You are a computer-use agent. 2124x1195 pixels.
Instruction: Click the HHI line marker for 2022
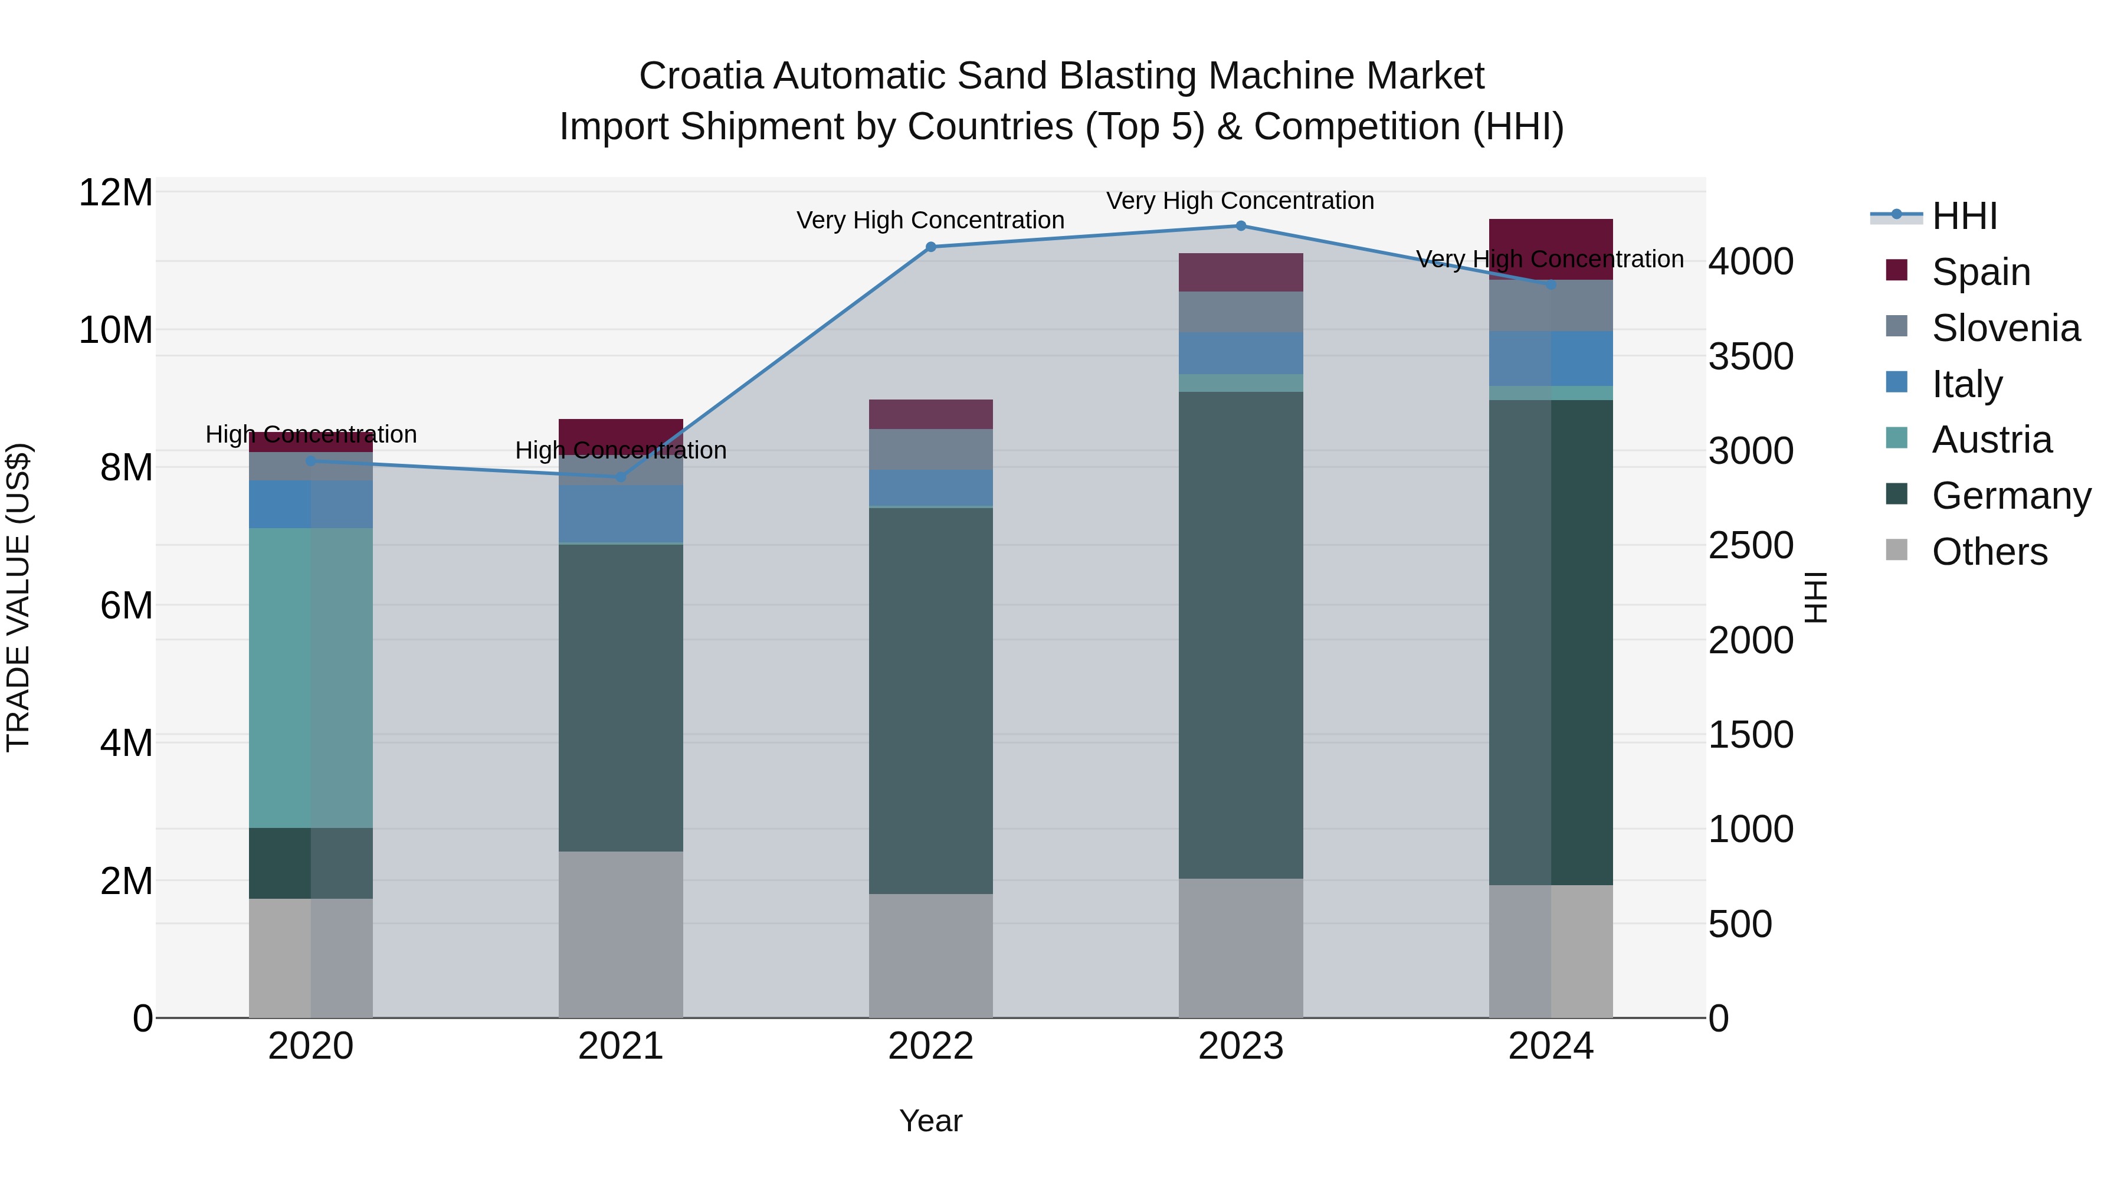(x=931, y=247)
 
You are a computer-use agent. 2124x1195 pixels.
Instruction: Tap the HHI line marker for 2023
(x=1241, y=226)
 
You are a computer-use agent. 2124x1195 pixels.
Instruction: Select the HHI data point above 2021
(x=621, y=477)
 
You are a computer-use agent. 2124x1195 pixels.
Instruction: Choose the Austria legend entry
(x=1991, y=440)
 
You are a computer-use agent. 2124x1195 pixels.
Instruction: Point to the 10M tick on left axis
(x=116, y=330)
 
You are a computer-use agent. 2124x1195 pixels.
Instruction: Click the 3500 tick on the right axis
(x=1751, y=356)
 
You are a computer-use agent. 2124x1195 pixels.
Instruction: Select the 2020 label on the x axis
(x=311, y=1046)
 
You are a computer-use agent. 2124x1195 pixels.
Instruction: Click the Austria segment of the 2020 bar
(x=311, y=676)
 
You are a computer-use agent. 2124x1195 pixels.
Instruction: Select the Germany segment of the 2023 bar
(x=1241, y=635)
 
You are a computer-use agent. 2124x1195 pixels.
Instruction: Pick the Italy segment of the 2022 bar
(x=931, y=487)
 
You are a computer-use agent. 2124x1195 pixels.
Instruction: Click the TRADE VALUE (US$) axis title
(x=18, y=597)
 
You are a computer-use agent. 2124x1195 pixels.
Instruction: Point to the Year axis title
(x=931, y=1121)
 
